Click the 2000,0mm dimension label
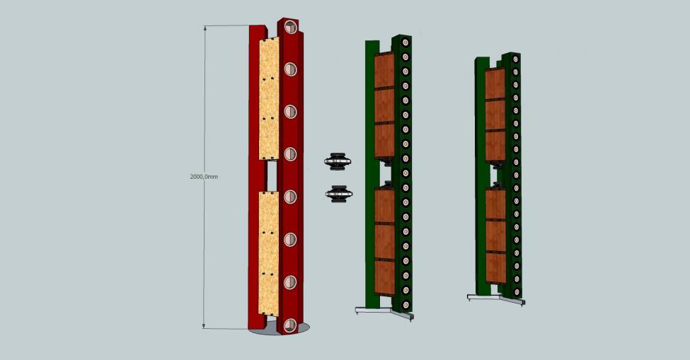pos(204,177)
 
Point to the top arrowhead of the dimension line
pos(205,28)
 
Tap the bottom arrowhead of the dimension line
pos(204,326)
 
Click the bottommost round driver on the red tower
pos(289,325)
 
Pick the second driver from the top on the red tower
pos(290,69)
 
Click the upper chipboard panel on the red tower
pos(268,99)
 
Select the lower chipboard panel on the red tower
pos(268,254)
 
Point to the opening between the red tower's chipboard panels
pos(272,176)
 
